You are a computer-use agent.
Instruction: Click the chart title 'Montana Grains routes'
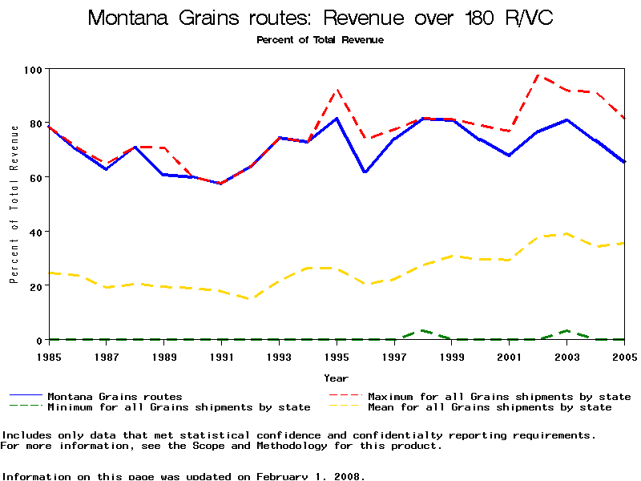coord(320,18)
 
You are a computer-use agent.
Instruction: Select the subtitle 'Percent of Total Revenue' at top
coord(320,40)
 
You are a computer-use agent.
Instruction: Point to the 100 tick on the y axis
coord(33,69)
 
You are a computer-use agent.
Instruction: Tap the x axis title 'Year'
coord(337,378)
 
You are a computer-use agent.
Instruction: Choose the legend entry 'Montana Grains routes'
coord(115,396)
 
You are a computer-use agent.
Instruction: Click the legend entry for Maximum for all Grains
coord(498,396)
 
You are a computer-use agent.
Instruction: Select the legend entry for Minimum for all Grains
coord(179,407)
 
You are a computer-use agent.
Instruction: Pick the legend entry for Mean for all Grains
coord(489,407)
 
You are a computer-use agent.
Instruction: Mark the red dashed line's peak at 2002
coord(538,75)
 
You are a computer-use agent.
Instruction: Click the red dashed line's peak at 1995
coord(337,90)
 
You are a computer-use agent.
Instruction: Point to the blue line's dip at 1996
coord(365,172)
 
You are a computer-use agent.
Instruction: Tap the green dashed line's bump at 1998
coord(422,330)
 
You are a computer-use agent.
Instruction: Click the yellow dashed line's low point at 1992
coord(250,299)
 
